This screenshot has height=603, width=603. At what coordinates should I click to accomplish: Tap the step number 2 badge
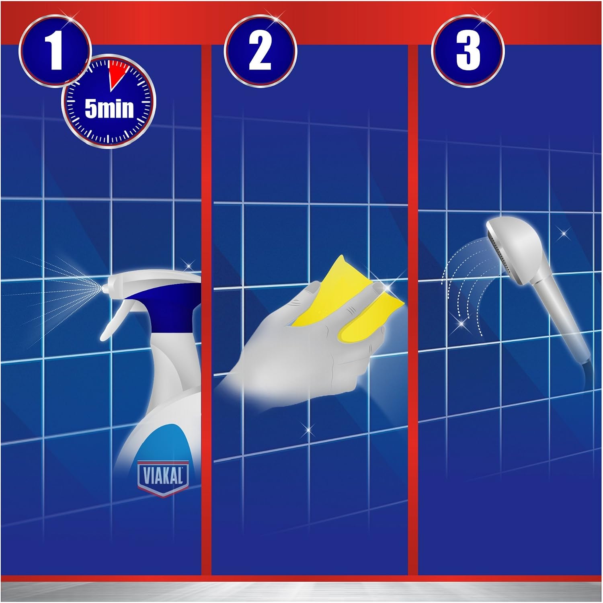point(260,51)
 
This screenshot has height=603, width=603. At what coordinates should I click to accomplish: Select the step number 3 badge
point(468,51)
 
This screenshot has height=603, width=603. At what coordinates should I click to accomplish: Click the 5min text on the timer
point(109,109)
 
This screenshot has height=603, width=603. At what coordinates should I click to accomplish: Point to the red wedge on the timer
point(118,74)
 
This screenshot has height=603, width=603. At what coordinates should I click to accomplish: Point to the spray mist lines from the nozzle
point(52,289)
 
